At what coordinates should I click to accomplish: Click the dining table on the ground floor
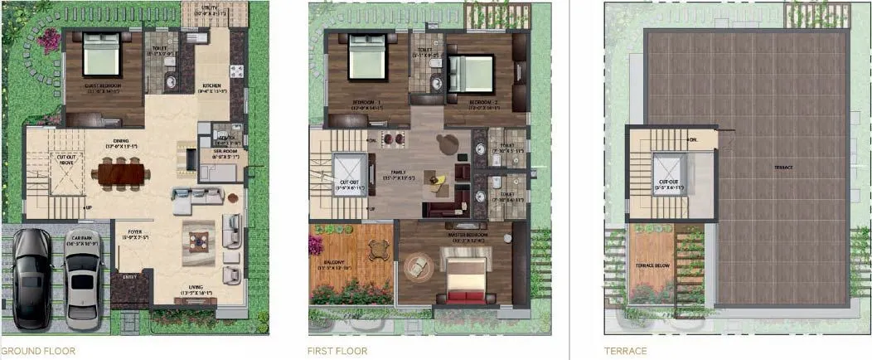pos(120,174)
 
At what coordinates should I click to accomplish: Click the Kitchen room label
pos(208,89)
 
